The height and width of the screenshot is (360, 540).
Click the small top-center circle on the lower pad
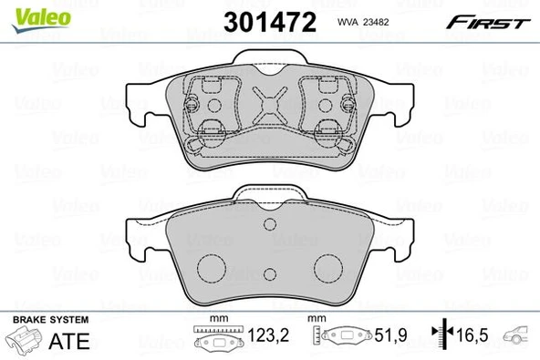click(x=268, y=226)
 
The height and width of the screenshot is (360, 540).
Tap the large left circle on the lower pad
click(x=213, y=268)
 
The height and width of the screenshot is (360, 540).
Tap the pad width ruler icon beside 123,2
click(x=217, y=338)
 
